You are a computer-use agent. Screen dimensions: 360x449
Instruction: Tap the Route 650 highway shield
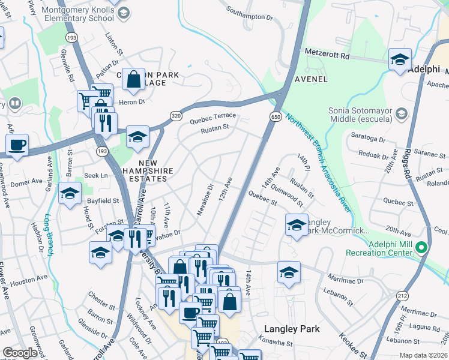pos(276,116)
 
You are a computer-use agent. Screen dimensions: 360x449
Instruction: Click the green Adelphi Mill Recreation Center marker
pos(422,247)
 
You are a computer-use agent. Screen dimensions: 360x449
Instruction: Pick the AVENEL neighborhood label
pos(310,79)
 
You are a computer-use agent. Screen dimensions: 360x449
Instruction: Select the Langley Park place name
pos(291,329)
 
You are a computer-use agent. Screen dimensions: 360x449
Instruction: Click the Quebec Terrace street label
pos(212,117)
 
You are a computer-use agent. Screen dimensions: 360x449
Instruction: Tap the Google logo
pos(20,353)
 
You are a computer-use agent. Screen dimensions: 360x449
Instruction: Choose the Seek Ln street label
pos(95,175)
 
